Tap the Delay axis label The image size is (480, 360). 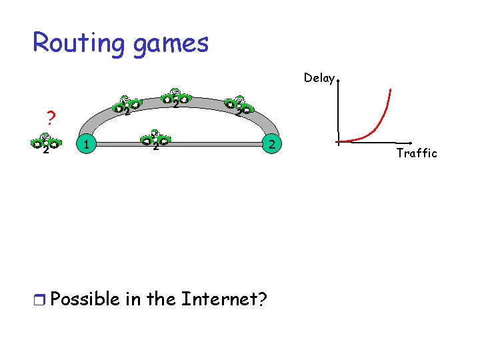pyautogui.click(x=319, y=78)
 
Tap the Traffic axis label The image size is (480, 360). pyautogui.click(x=416, y=153)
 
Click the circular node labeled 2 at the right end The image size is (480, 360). pyautogui.click(x=271, y=143)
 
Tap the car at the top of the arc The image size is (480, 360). pyautogui.click(x=175, y=97)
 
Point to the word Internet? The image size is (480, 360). pyautogui.click(x=222, y=299)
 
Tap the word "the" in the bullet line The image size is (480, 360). pyautogui.click(x=160, y=299)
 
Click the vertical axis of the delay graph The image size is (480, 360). pyautogui.click(x=338, y=110)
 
